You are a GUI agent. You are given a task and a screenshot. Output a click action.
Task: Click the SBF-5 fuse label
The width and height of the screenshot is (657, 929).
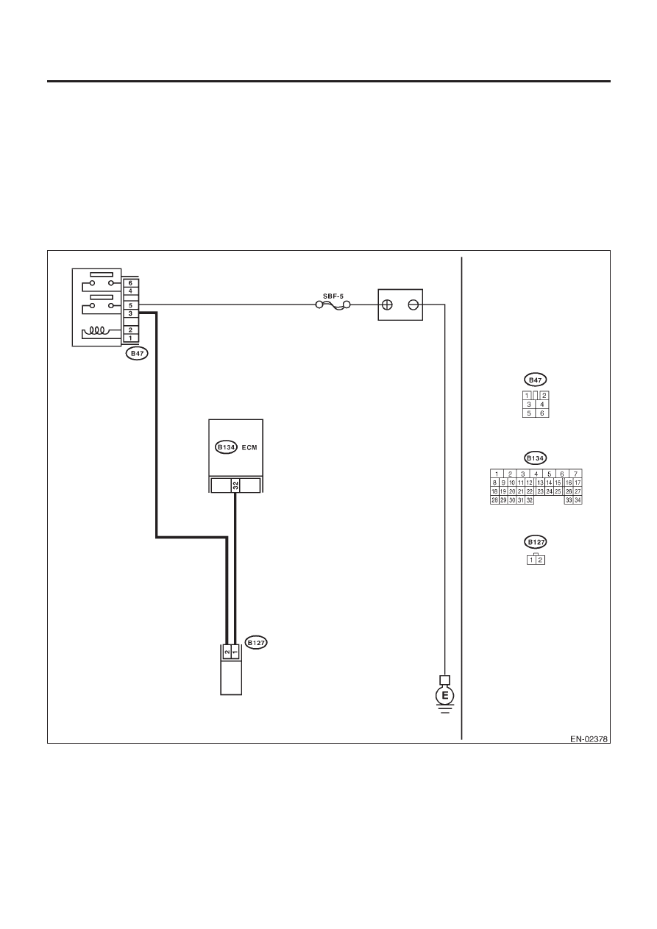click(333, 296)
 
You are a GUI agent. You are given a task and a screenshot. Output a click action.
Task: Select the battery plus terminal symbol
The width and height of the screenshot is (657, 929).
click(386, 305)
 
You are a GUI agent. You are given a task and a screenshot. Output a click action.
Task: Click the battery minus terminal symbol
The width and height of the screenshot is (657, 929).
click(413, 305)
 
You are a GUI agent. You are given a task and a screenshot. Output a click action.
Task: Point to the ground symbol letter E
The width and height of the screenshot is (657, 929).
click(444, 696)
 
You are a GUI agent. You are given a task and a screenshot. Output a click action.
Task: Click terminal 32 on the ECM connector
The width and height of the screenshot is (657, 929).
click(235, 485)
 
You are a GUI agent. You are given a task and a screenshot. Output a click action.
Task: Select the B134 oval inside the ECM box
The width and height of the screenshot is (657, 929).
click(226, 447)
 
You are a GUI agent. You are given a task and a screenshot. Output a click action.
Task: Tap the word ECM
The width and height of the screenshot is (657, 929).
click(249, 447)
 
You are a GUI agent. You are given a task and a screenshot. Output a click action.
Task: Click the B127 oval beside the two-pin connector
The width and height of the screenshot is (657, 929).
click(256, 642)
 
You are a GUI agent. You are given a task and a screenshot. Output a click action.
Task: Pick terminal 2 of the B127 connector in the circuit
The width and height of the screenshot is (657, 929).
click(227, 652)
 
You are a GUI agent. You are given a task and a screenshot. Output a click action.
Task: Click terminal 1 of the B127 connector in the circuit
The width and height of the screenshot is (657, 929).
click(235, 652)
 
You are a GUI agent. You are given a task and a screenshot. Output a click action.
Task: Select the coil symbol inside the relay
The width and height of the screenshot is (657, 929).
click(96, 331)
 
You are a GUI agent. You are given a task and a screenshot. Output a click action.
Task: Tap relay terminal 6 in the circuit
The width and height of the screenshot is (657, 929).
click(131, 283)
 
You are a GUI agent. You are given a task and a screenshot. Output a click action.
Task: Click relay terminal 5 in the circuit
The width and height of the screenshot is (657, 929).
click(131, 305)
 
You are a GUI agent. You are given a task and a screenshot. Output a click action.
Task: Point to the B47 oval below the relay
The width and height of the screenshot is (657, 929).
click(137, 353)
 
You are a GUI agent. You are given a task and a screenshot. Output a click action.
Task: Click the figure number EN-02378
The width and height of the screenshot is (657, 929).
click(589, 739)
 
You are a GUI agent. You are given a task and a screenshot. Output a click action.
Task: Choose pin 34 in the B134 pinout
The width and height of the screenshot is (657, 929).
click(578, 500)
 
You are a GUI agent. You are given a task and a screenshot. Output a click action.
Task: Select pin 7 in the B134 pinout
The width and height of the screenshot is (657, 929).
click(575, 474)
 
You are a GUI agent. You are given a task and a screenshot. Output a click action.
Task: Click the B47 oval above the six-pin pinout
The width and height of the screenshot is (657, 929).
click(536, 380)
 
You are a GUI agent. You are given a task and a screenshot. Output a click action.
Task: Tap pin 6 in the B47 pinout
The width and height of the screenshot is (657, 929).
click(542, 413)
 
